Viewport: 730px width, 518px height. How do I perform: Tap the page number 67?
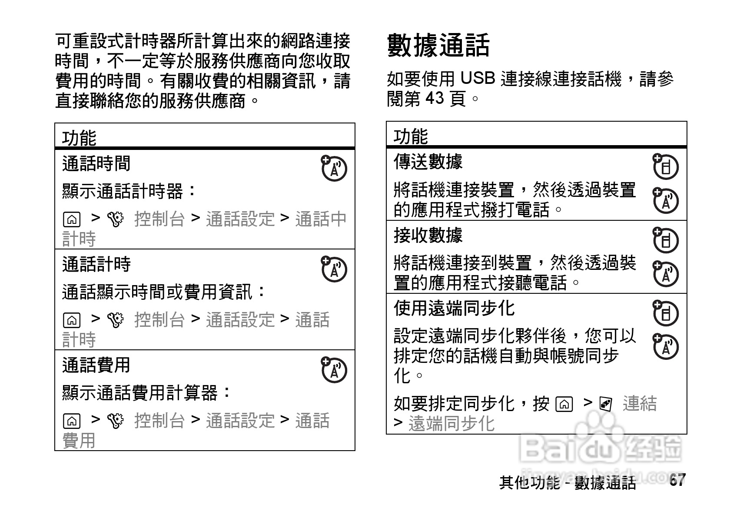(x=677, y=480)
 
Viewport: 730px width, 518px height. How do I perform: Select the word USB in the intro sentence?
(x=478, y=78)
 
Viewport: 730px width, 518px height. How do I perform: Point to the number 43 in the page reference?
(x=435, y=98)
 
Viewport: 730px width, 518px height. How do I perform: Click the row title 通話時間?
(x=96, y=164)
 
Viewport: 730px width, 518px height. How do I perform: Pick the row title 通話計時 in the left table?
(x=96, y=264)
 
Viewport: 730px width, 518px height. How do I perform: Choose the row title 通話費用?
(x=96, y=365)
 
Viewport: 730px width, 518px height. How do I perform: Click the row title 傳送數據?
(x=428, y=162)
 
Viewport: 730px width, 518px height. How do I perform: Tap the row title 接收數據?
(x=428, y=235)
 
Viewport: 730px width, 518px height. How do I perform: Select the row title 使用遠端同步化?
(x=454, y=308)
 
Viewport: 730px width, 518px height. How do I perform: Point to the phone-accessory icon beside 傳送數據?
(x=665, y=166)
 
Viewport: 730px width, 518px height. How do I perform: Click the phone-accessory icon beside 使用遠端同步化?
(x=665, y=313)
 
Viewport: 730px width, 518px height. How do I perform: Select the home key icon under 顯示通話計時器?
(x=71, y=220)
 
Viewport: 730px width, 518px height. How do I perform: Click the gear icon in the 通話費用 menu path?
(x=116, y=421)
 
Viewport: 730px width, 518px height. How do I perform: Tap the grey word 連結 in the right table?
(x=640, y=404)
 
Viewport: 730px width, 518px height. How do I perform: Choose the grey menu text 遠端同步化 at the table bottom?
(x=451, y=424)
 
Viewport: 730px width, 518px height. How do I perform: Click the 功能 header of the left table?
(x=79, y=138)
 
